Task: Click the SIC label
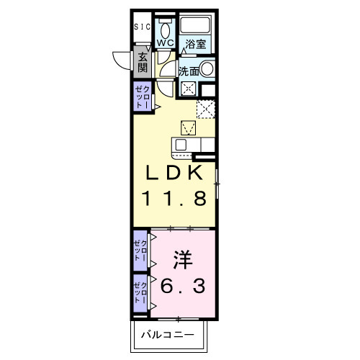142,27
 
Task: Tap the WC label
165,43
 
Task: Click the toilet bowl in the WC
165,30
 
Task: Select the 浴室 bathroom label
195,44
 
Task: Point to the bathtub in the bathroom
195,25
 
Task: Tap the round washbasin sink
207,70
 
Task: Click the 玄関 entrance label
143,63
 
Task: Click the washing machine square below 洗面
189,89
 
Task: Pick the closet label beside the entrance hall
142,97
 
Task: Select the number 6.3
184,285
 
